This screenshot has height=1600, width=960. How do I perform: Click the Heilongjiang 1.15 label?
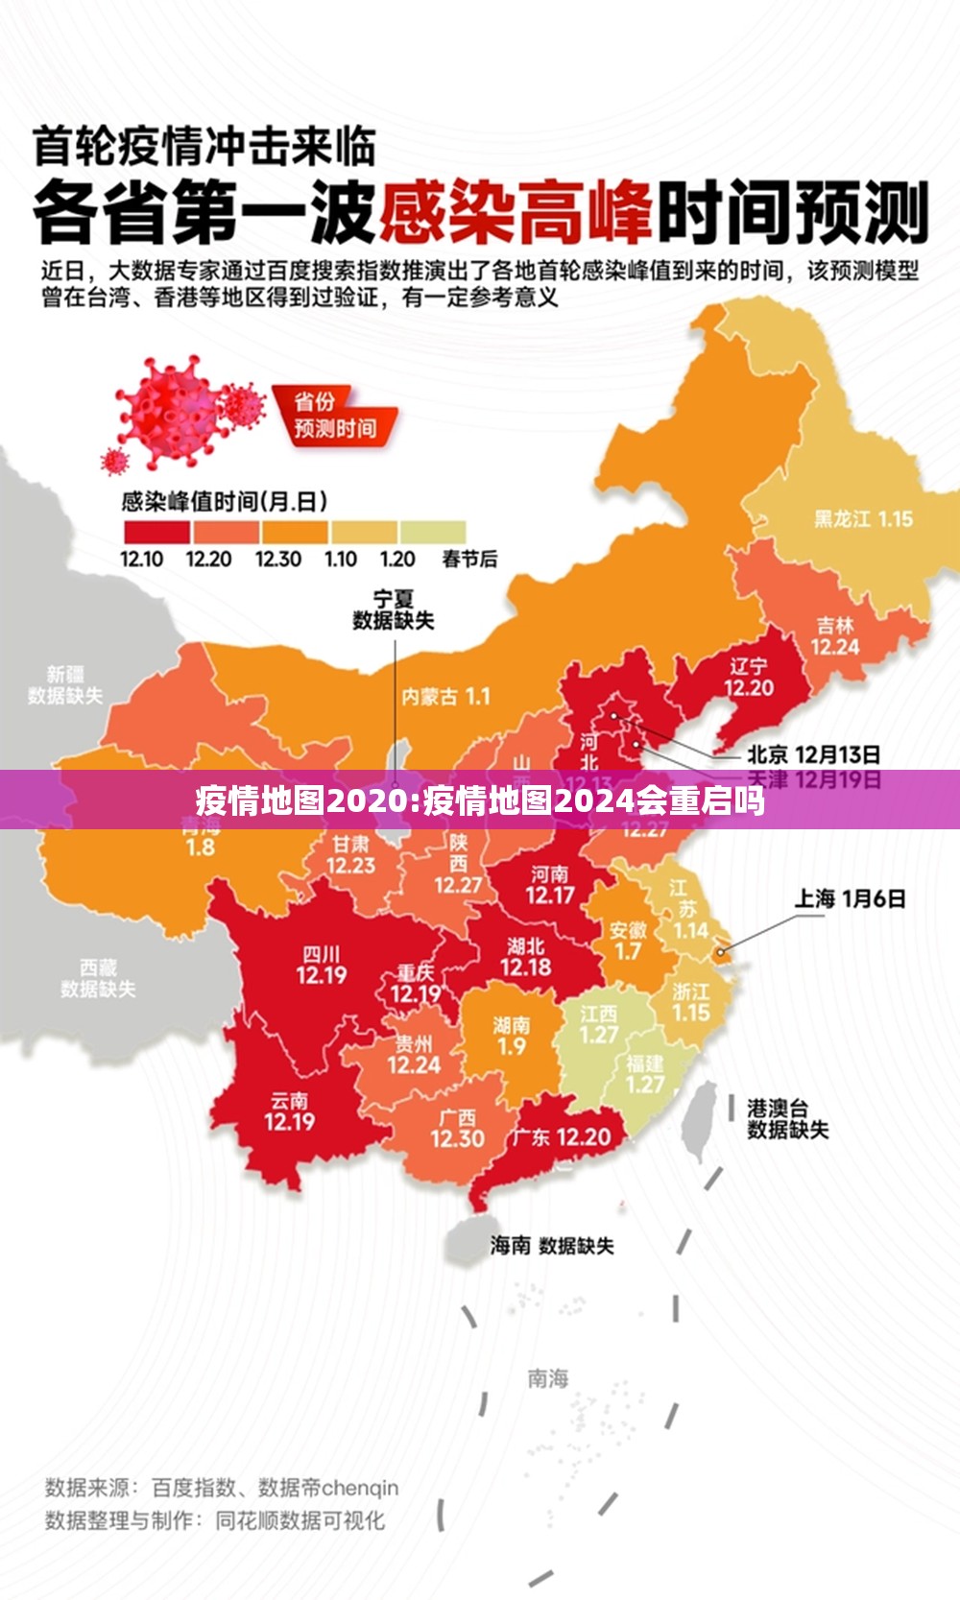(x=863, y=518)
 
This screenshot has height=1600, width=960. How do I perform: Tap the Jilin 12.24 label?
(x=834, y=635)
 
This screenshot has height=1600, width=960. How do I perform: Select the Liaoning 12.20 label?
(x=749, y=677)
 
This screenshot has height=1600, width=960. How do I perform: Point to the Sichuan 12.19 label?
(x=321, y=965)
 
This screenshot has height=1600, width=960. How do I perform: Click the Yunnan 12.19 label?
(x=289, y=1110)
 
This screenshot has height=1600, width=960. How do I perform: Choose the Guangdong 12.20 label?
(x=561, y=1137)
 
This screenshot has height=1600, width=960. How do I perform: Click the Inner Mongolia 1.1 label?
(x=445, y=697)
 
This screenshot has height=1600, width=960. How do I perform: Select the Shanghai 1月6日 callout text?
(x=850, y=898)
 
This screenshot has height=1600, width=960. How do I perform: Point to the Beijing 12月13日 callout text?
(x=813, y=754)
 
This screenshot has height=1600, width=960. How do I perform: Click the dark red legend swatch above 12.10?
(x=156, y=532)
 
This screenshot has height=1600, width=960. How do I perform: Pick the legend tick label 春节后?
(x=469, y=559)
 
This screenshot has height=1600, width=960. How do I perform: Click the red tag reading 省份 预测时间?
(x=333, y=416)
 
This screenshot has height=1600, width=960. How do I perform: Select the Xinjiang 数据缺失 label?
(x=64, y=684)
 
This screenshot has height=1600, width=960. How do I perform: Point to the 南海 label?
(x=548, y=1378)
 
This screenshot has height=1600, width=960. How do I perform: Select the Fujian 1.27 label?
(x=644, y=1074)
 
